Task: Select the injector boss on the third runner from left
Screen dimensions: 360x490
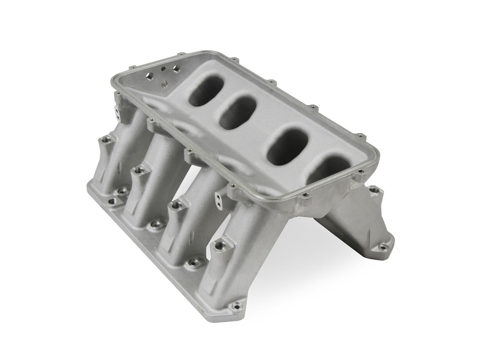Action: [x=175, y=204]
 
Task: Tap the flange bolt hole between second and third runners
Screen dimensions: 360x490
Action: [x=152, y=226]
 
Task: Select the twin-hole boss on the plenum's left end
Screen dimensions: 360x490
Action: [x=118, y=112]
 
